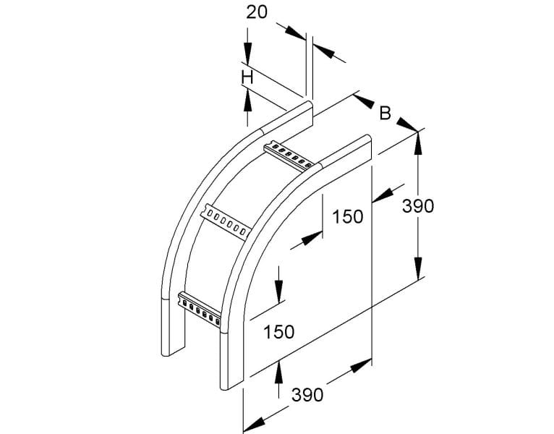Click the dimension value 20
[257, 13]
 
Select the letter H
[247, 77]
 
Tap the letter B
[385, 114]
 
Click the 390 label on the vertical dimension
[418, 206]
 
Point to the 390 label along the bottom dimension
[307, 394]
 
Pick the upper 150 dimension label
[348, 217]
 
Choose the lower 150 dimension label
[279, 332]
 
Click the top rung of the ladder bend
[289, 156]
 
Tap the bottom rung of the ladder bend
[200, 309]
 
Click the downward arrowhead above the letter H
[247, 54]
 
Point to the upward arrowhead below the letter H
[247, 101]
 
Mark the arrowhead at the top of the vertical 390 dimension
[418, 143]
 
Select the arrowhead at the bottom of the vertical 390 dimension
[418, 268]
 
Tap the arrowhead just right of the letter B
[407, 124]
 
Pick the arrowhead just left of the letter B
[364, 101]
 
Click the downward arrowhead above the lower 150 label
[278, 292]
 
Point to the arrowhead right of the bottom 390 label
[361, 365]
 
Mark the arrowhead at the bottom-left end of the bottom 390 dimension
[254, 422]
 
